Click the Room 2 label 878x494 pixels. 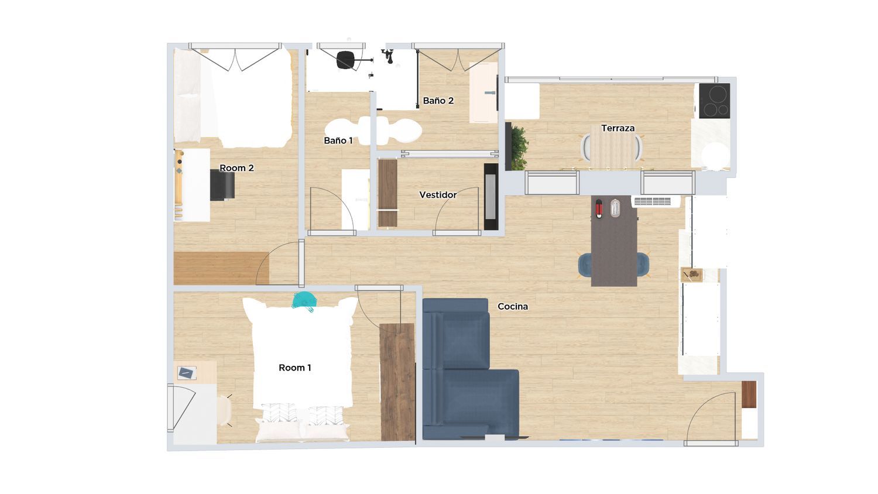click(x=236, y=168)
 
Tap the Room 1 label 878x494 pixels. click(x=295, y=368)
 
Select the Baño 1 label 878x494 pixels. click(x=338, y=140)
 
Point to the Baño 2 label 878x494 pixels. click(x=438, y=101)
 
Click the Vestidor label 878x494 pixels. click(x=438, y=195)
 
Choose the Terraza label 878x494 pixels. click(x=618, y=128)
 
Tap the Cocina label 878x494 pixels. click(x=513, y=307)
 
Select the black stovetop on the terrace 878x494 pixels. click(x=715, y=101)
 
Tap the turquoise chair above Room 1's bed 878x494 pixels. click(x=304, y=301)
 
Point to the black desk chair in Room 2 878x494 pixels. click(x=222, y=185)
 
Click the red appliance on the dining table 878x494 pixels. click(x=599, y=208)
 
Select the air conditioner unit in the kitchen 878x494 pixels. click(x=656, y=201)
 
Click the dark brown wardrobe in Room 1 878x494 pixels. click(x=397, y=382)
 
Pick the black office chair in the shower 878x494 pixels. click(x=345, y=60)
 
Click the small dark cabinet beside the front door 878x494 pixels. click(x=749, y=394)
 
